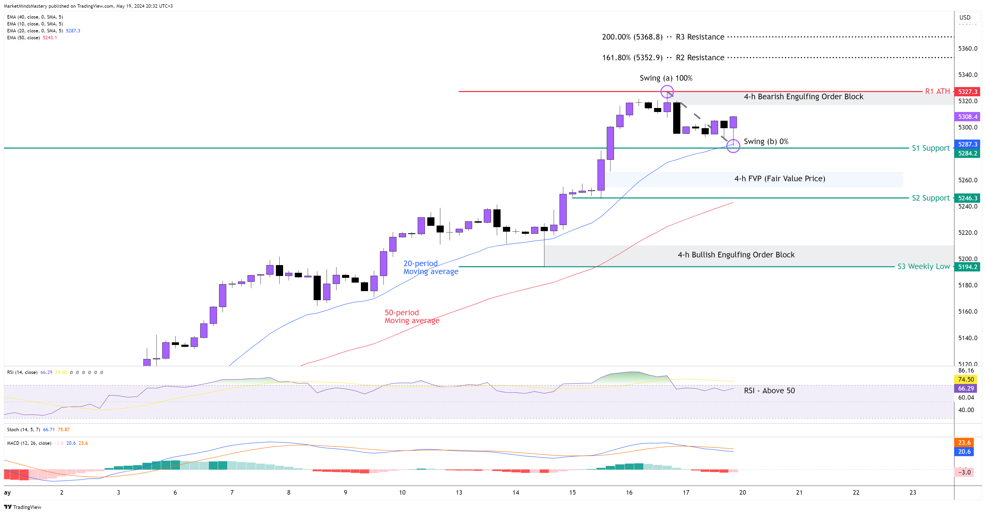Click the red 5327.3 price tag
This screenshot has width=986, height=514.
pyautogui.click(x=967, y=92)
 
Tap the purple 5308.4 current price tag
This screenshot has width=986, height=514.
pyautogui.click(x=967, y=117)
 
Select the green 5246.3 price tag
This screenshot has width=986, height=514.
pyautogui.click(x=967, y=198)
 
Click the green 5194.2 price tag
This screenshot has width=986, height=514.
pyautogui.click(x=967, y=267)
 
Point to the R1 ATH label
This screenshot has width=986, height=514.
pyautogui.click(x=937, y=91)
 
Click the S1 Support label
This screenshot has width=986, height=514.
pyautogui.click(x=930, y=148)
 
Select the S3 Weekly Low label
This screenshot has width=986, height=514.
pyautogui.click(x=923, y=267)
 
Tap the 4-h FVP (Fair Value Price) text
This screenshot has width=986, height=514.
pyautogui.click(x=779, y=179)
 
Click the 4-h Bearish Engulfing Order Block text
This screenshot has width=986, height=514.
pyautogui.click(x=803, y=97)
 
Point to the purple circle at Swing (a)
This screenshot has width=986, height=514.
pyautogui.click(x=667, y=92)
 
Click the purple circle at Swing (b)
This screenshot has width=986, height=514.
pyautogui.click(x=733, y=146)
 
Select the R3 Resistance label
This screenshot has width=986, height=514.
pyautogui.click(x=700, y=37)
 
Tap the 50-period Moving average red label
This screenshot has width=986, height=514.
pyautogui.click(x=412, y=317)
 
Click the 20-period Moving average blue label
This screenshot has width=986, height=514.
pyautogui.click(x=431, y=267)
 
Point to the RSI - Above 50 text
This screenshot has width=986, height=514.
pyautogui.click(x=769, y=390)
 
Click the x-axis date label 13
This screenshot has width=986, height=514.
pyautogui.click(x=459, y=493)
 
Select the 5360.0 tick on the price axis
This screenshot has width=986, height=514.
pyautogui.click(x=967, y=49)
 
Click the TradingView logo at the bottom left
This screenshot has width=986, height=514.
pyautogui.click(x=23, y=507)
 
